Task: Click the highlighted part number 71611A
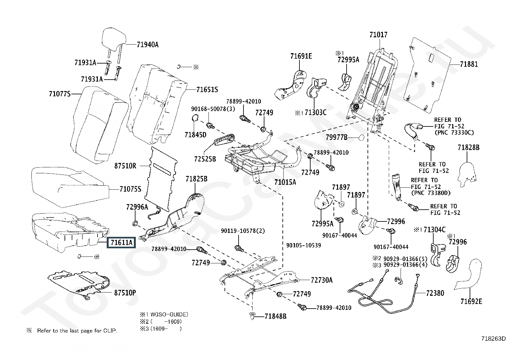click(121, 243)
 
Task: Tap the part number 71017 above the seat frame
click(378, 35)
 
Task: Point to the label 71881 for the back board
click(469, 64)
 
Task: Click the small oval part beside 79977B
click(361, 138)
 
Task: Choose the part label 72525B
click(205, 159)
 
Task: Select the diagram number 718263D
click(494, 339)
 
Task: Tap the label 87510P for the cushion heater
click(125, 293)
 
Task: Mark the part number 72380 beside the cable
click(435, 293)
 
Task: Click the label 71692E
click(471, 302)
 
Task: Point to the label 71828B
click(468, 148)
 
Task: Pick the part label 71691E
click(301, 56)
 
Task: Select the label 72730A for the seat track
click(322, 280)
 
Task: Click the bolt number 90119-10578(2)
click(243, 231)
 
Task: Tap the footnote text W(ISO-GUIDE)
click(169, 314)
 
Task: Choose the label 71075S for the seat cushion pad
click(130, 189)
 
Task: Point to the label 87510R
click(125, 166)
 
